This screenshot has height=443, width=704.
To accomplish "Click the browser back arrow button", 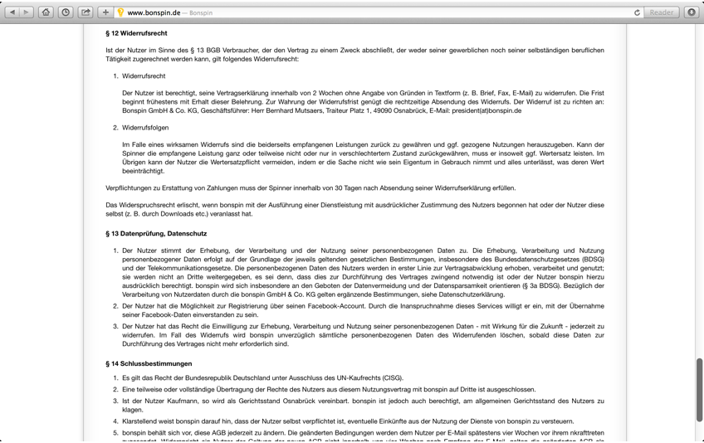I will [x=12, y=12].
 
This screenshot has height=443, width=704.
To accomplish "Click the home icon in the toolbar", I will [x=46, y=12].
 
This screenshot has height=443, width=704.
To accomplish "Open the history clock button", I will [x=66, y=12].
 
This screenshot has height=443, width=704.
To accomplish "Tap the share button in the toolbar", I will [x=86, y=12].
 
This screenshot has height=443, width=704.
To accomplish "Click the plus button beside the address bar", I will [x=105, y=12].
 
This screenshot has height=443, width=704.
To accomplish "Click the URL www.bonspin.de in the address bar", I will [x=154, y=13].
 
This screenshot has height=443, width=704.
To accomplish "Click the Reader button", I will [x=662, y=12].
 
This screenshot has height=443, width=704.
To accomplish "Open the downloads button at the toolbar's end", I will [x=692, y=12].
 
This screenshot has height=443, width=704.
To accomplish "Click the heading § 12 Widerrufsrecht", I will [x=136, y=33].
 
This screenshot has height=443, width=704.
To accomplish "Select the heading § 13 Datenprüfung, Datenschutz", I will [x=156, y=234].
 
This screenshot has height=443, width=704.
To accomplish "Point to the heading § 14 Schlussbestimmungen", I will [x=149, y=363].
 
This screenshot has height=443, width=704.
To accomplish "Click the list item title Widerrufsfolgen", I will [x=145, y=128].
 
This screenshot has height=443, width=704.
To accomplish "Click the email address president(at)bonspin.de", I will [x=487, y=110].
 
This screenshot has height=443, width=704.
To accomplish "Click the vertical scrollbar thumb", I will [x=700, y=390].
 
